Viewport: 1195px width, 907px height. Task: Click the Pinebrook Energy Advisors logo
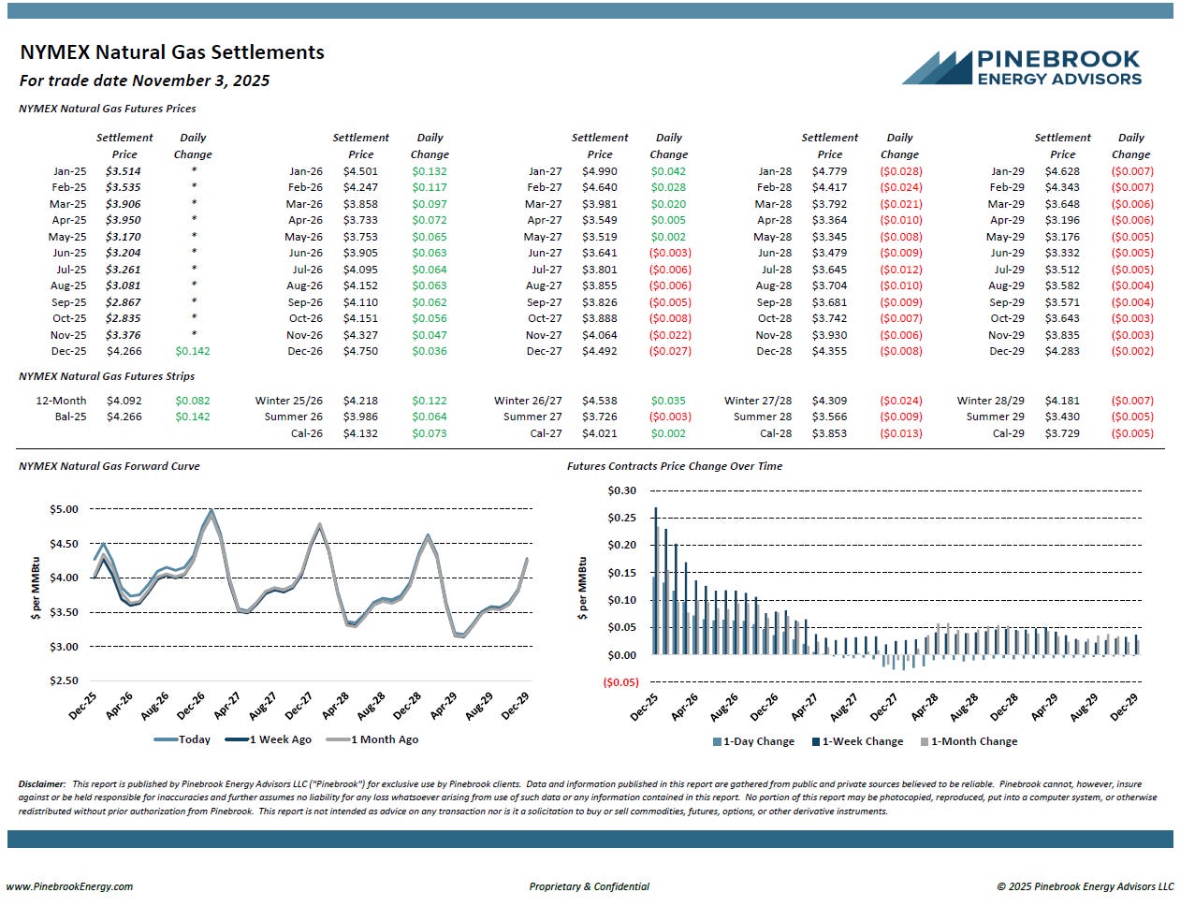pyautogui.click(x=1022, y=67)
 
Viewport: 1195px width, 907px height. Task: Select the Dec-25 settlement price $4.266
pyautogui.click(x=124, y=352)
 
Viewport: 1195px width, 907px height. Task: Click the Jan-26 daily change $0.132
pyautogui.click(x=430, y=172)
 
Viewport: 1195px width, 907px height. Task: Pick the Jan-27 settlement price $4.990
pyautogui.click(x=600, y=172)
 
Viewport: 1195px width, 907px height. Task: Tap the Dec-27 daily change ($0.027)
pyautogui.click(x=669, y=352)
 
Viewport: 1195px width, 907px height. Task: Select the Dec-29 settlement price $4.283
pyautogui.click(x=1062, y=352)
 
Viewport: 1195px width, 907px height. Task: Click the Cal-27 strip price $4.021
pyautogui.click(x=600, y=433)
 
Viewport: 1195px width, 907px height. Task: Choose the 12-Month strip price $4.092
pyautogui.click(x=124, y=401)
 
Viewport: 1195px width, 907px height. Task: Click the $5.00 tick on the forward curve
pyautogui.click(x=64, y=510)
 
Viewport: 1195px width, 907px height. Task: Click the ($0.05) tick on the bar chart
pyautogui.click(x=620, y=682)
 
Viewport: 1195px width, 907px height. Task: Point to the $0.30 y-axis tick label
pyautogui.click(x=622, y=491)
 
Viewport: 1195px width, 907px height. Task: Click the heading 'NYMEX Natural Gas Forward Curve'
pyautogui.click(x=109, y=466)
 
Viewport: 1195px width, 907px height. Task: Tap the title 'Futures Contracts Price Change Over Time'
pyautogui.click(x=675, y=466)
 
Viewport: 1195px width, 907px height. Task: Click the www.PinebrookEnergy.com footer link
pyautogui.click(x=70, y=886)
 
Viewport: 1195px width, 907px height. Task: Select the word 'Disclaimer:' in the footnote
pyautogui.click(x=42, y=784)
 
